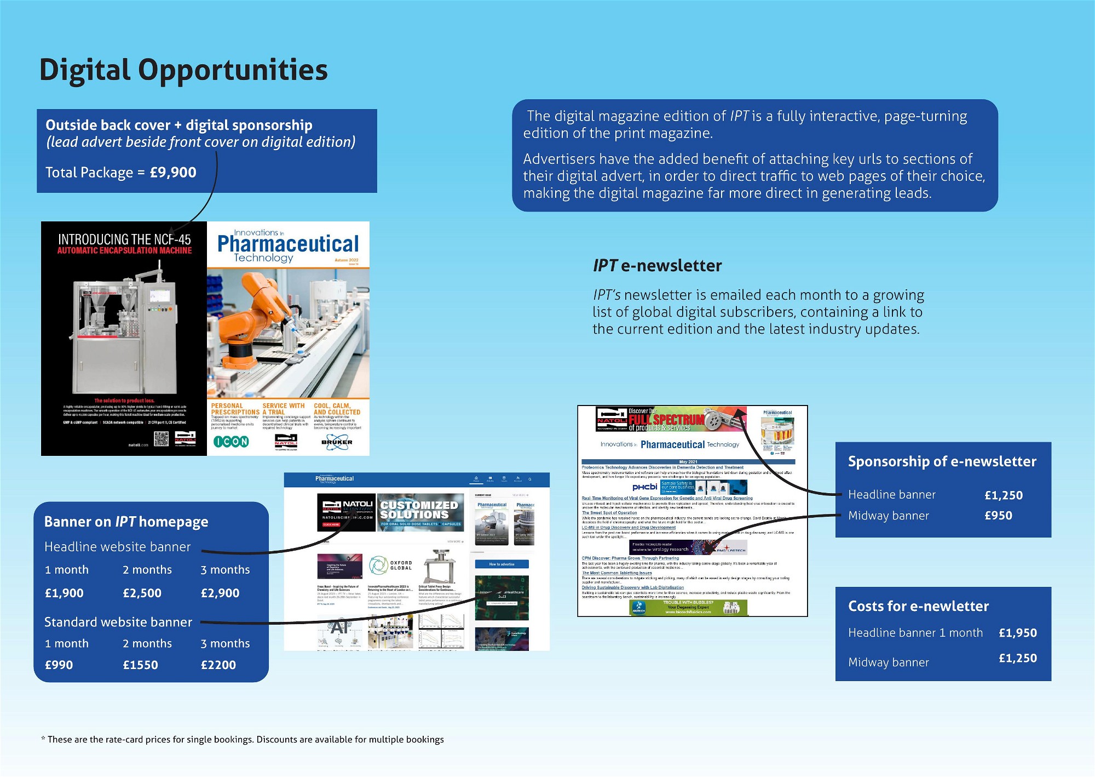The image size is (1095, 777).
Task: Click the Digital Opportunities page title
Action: click(x=183, y=70)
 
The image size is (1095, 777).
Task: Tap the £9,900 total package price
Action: click(x=173, y=173)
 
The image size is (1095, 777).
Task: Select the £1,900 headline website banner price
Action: click(x=64, y=593)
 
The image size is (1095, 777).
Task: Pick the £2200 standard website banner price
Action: click(x=218, y=665)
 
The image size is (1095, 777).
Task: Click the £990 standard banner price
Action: click(x=59, y=665)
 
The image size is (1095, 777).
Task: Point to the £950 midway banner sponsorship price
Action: click(x=998, y=516)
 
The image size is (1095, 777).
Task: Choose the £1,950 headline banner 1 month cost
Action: click(x=1017, y=633)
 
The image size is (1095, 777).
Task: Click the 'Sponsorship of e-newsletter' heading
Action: click(x=942, y=461)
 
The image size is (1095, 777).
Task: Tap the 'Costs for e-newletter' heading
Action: click(x=918, y=606)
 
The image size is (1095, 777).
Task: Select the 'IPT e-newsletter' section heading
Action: click(x=657, y=266)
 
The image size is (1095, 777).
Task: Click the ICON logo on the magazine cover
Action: click(x=231, y=442)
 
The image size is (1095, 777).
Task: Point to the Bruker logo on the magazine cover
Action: click(x=337, y=442)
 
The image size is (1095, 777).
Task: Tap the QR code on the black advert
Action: click(x=161, y=438)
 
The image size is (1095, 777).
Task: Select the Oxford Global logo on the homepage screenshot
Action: click(x=390, y=565)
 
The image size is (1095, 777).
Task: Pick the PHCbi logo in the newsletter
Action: click(x=644, y=487)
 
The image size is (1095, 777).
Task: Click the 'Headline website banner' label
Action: click(x=117, y=547)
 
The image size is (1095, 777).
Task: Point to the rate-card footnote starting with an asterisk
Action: click(x=243, y=740)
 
